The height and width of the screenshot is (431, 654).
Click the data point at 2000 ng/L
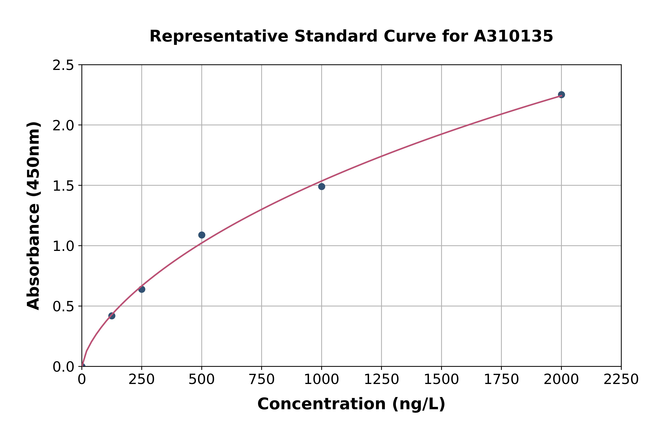561,95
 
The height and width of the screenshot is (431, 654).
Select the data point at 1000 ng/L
321,187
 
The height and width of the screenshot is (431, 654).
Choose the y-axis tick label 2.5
63,65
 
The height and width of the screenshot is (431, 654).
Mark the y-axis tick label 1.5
63,186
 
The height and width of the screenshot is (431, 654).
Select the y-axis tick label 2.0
63,126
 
